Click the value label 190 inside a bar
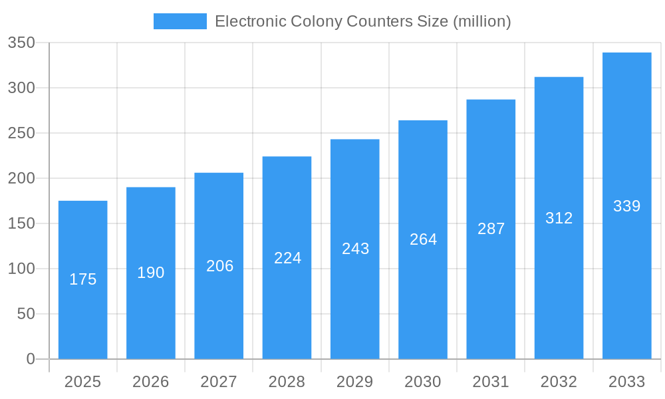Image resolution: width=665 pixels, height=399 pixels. tap(151, 273)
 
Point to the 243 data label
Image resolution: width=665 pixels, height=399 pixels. tap(355, 249)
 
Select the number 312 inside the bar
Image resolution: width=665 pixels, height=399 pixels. tap(559, 218)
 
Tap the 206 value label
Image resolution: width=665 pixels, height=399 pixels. tap(219, 266)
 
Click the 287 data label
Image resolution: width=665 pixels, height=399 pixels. tap(491, 229)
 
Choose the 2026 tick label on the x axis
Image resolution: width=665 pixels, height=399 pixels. tap(151, 382)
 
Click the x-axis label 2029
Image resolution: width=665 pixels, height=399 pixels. tap(354, 382)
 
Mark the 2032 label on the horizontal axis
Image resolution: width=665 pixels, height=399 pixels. tap(559, 382)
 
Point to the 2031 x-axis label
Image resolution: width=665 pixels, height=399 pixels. tap(491, 382)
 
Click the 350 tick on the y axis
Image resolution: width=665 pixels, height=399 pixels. tap(21, 43)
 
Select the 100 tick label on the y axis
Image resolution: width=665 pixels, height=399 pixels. tap(21, 269)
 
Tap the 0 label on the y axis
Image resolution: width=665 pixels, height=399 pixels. tap(31, 359)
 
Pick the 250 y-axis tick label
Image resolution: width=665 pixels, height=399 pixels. tap(21, 133)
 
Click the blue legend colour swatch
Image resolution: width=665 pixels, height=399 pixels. tap(180, 21)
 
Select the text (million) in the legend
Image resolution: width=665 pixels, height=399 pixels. tap(481, 21)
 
